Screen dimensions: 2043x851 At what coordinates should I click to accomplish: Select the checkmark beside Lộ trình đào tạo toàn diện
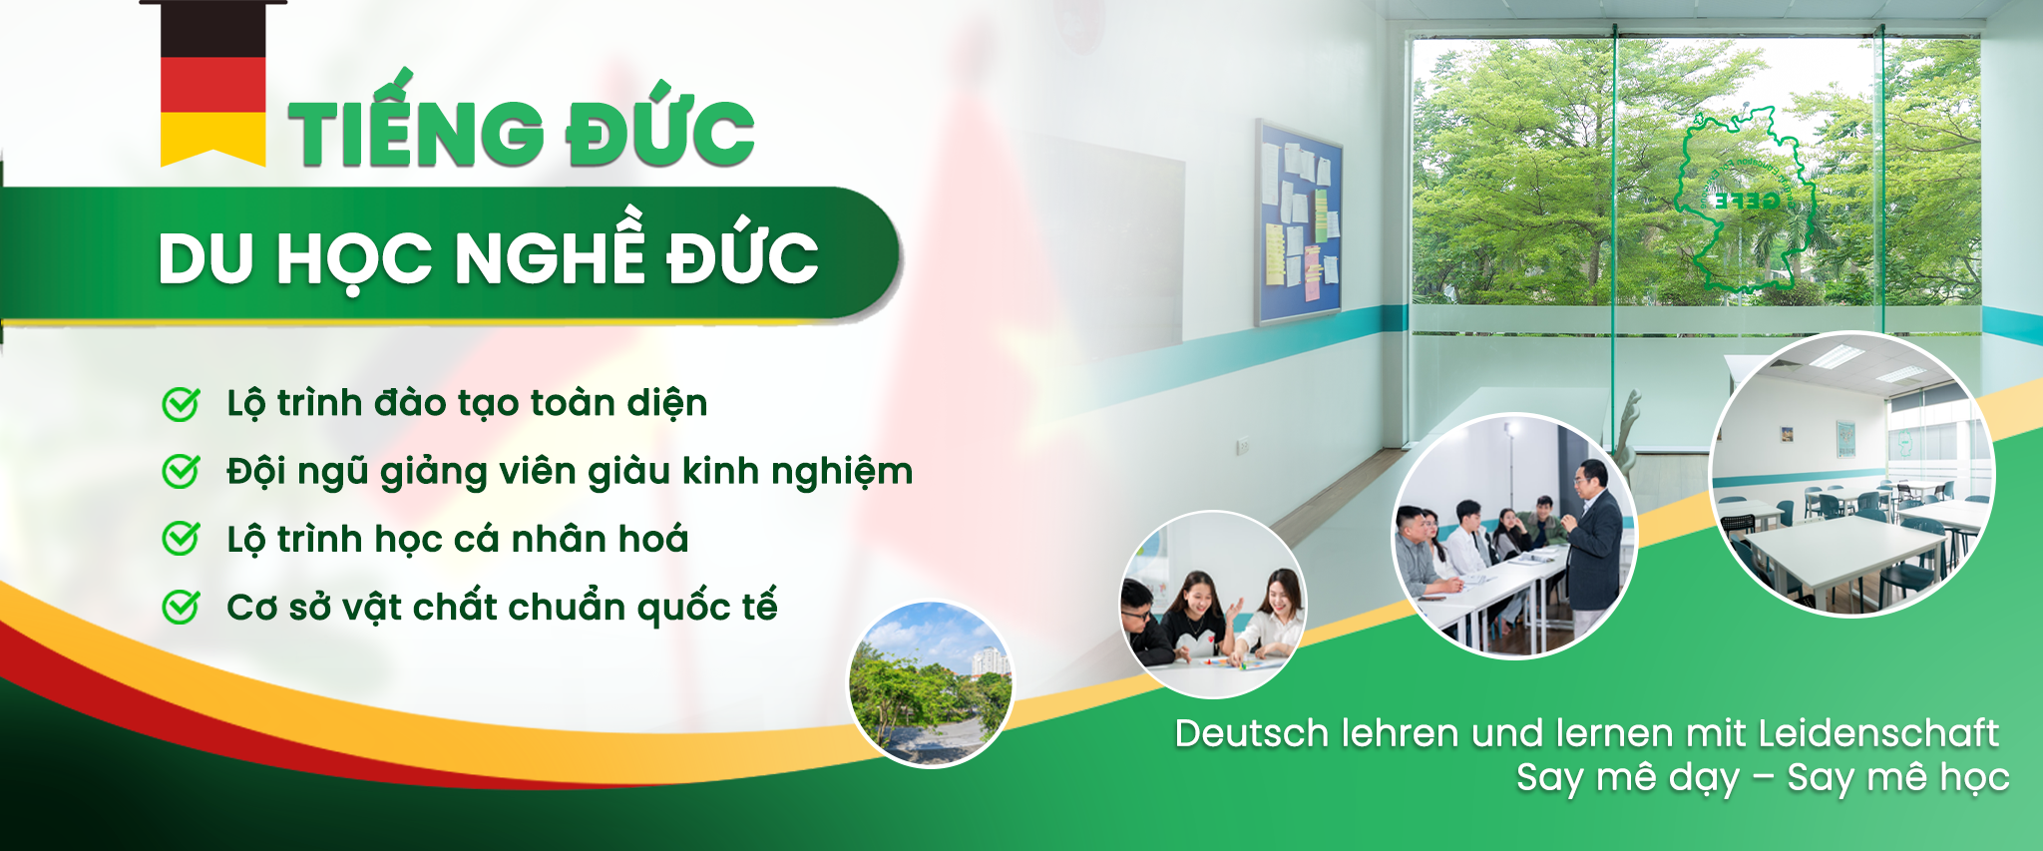click(x=181, y=404)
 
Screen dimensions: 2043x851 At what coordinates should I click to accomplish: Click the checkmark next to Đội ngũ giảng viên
click(x=181, y=472)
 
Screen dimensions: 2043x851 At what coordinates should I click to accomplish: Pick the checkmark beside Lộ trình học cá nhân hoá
click(x=181, y=540)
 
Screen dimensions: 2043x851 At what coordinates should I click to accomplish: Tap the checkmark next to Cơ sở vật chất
click(x=181, y=607)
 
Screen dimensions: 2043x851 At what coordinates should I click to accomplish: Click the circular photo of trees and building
click(x=931, y=684)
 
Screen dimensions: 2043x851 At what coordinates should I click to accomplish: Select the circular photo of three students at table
click(x=1213, y=605)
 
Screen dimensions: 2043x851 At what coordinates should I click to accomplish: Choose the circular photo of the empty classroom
click(x=1853, y=474)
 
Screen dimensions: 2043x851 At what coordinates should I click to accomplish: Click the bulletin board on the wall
click(x=1298, y=223)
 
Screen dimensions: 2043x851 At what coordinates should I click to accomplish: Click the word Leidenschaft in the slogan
click(x=1878, y=733)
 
